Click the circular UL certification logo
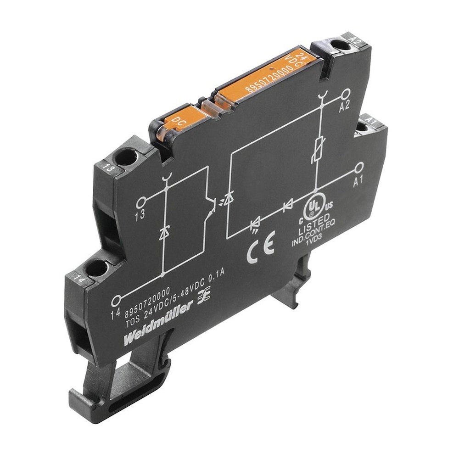[x=315, y=206]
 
